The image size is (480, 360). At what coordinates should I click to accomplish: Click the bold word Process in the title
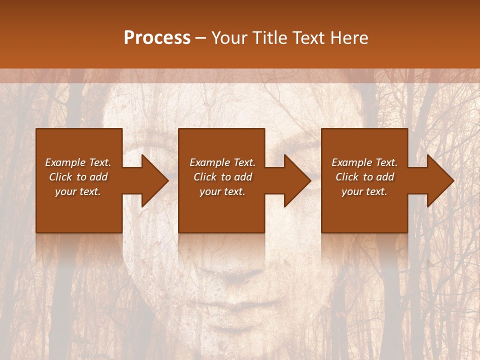(157, 38)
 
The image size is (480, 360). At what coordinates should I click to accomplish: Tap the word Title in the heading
(269, 38)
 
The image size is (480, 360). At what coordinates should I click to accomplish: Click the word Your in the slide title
(230, 38)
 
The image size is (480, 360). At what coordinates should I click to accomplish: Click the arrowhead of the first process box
(154, 180)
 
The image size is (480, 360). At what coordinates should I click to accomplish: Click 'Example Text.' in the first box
(78, 162)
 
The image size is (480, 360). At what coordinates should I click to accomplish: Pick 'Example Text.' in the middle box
(222, 162)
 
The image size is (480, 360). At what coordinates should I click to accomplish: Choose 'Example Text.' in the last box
(364, 162)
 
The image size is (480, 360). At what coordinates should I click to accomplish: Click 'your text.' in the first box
(78, 191)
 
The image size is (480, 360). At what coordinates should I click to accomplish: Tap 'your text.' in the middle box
(222, 191)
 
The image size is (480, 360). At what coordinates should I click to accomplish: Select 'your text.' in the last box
(364, 191)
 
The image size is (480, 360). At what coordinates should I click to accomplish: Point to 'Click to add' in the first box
(78, 177)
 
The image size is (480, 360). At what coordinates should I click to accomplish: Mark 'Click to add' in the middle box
(222, 177)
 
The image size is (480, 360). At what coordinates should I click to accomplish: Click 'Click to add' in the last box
(364, 177)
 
